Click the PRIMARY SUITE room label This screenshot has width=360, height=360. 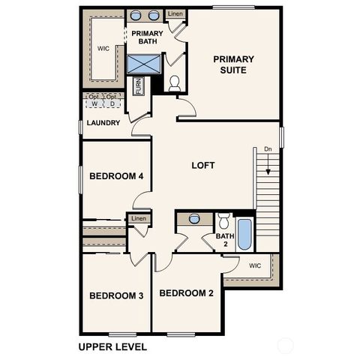233,65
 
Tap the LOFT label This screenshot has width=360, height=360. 203,166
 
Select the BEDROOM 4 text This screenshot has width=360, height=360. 116,177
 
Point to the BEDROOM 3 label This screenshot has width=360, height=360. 116,296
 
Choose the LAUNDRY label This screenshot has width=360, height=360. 103,123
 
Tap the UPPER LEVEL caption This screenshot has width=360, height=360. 112,347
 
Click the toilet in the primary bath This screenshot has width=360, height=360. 175,82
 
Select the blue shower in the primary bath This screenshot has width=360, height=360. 143,64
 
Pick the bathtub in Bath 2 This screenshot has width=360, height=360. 244,234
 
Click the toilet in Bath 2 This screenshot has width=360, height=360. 223,222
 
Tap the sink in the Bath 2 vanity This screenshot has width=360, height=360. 194,219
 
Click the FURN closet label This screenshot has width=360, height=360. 139,86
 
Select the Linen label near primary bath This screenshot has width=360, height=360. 175,14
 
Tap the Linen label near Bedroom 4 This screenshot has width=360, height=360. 139,218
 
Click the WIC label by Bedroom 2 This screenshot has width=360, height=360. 255,265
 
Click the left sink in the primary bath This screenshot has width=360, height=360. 137,15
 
